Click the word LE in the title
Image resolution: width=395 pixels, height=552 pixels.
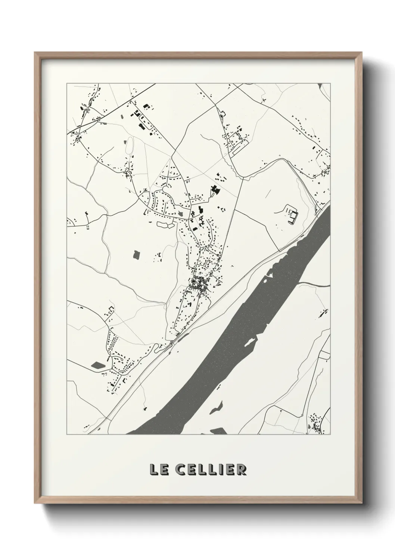(x=158, y=470)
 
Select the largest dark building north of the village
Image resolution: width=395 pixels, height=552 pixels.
(x=215, y=190)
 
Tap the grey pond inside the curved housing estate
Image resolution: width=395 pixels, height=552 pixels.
(x=181, y=213)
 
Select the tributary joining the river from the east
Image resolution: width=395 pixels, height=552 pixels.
(x=314, y=284)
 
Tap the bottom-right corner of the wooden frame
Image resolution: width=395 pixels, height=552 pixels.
(x=361, y=504)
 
